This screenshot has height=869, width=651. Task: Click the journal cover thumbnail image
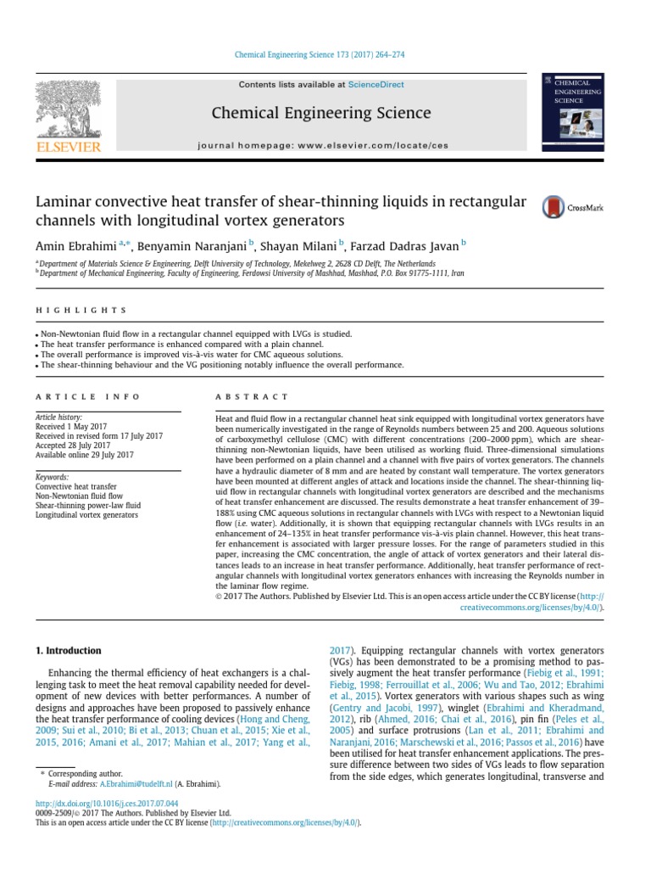(572, 113)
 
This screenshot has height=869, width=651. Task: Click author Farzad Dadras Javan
(404, 246)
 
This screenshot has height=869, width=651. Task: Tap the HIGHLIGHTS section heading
(81, 311)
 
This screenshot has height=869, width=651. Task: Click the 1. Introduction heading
(68, 651)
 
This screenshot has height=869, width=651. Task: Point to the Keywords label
(52, 477)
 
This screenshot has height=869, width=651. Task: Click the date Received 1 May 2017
(73, 427)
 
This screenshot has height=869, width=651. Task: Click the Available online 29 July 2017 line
(84, 455)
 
